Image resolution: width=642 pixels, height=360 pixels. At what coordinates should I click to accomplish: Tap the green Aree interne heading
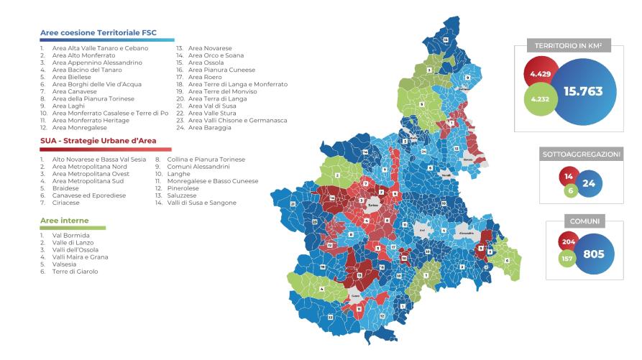65,221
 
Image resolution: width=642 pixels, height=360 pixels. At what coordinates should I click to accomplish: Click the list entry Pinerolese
185,188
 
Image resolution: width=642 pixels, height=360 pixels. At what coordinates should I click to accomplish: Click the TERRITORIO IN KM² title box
567,46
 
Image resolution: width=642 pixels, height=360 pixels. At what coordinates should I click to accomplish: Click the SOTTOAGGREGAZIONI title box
580,154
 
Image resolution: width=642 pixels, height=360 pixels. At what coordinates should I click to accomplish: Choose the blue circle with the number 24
590,183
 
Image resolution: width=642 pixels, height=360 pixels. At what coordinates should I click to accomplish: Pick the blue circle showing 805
594,253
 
